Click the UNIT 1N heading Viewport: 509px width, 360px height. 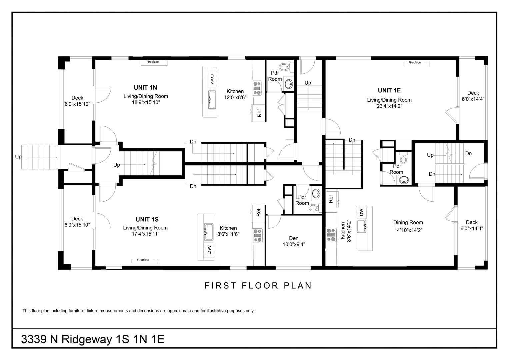pyautogui.click(x=145, y=87)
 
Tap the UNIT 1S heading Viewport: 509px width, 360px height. pyautogui.click(x=147, y=219)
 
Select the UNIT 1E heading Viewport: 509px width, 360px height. pyautogui.click(x=389, y=90)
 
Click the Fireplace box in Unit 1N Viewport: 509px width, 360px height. pyautogui.click(x=154, y=63)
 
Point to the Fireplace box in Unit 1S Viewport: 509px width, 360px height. pyautogui.click(x=145, y=261)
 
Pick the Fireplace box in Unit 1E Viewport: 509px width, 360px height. pyautogui.click(x=416, y=64)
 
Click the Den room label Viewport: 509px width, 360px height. pyautogui.click(x=294, y=238)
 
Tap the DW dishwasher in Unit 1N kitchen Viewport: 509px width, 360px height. pyautogui.click(x=212, y=79)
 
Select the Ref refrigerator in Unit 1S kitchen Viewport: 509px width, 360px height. pyautogui.click(x=258, y=213)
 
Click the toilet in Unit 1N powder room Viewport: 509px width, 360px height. pyautogui.click(x=285, y=67)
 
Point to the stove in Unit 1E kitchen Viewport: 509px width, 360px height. pyautogui.click(x=331, y=235)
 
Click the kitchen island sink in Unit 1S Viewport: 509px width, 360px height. pyautogui.click(x=208, y=231)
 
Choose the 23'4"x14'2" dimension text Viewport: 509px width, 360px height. pyautogui.click(x=389, y=106)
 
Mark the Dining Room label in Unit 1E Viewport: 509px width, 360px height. pyautogui.click(x=408, y=222)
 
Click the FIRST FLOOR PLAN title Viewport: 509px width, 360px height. pyautogui.click(x=258, y=286)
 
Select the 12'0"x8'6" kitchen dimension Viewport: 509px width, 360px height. pyautogui.click(x=235, y=97)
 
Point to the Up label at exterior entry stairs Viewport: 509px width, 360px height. pyautogui.click(x=18, y=157)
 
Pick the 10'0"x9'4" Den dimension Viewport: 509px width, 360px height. pyautogui.click(x=294, y=244)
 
